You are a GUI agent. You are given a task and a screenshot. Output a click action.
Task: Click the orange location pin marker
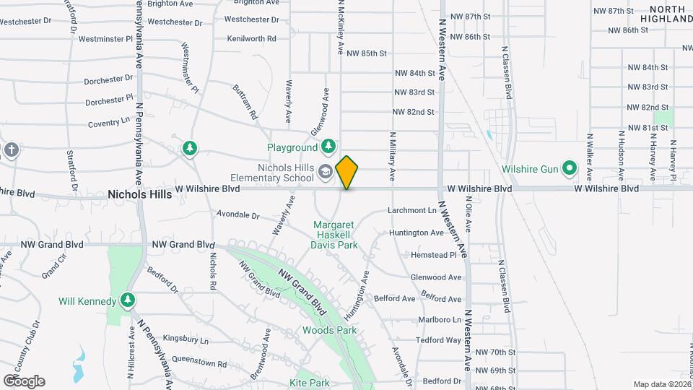click(347, 172)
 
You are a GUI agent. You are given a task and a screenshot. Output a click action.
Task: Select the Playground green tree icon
click(328, 147)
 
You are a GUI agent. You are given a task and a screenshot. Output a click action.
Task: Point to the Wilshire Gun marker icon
click(570, 169)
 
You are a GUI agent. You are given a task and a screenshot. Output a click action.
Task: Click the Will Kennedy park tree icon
click(128, 300)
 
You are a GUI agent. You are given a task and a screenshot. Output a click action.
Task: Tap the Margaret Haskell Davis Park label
click(335, 235)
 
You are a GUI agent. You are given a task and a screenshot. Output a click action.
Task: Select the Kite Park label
click(309, 382)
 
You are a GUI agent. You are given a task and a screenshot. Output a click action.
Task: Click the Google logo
click(24, 381)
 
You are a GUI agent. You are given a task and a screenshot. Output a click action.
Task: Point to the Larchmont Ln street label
click(413, 211)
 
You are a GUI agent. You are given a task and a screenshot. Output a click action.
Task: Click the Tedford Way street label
click(438, 340)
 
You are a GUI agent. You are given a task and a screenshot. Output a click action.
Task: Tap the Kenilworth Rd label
click(251, 38)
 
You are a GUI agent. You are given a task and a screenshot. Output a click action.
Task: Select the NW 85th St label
click(367, 53)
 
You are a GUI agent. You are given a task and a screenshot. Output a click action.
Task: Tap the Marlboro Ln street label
click(440, 319)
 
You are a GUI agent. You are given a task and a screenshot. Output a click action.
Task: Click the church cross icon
click(11, 149)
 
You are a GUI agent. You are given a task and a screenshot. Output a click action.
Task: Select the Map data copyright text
click(661, 384)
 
